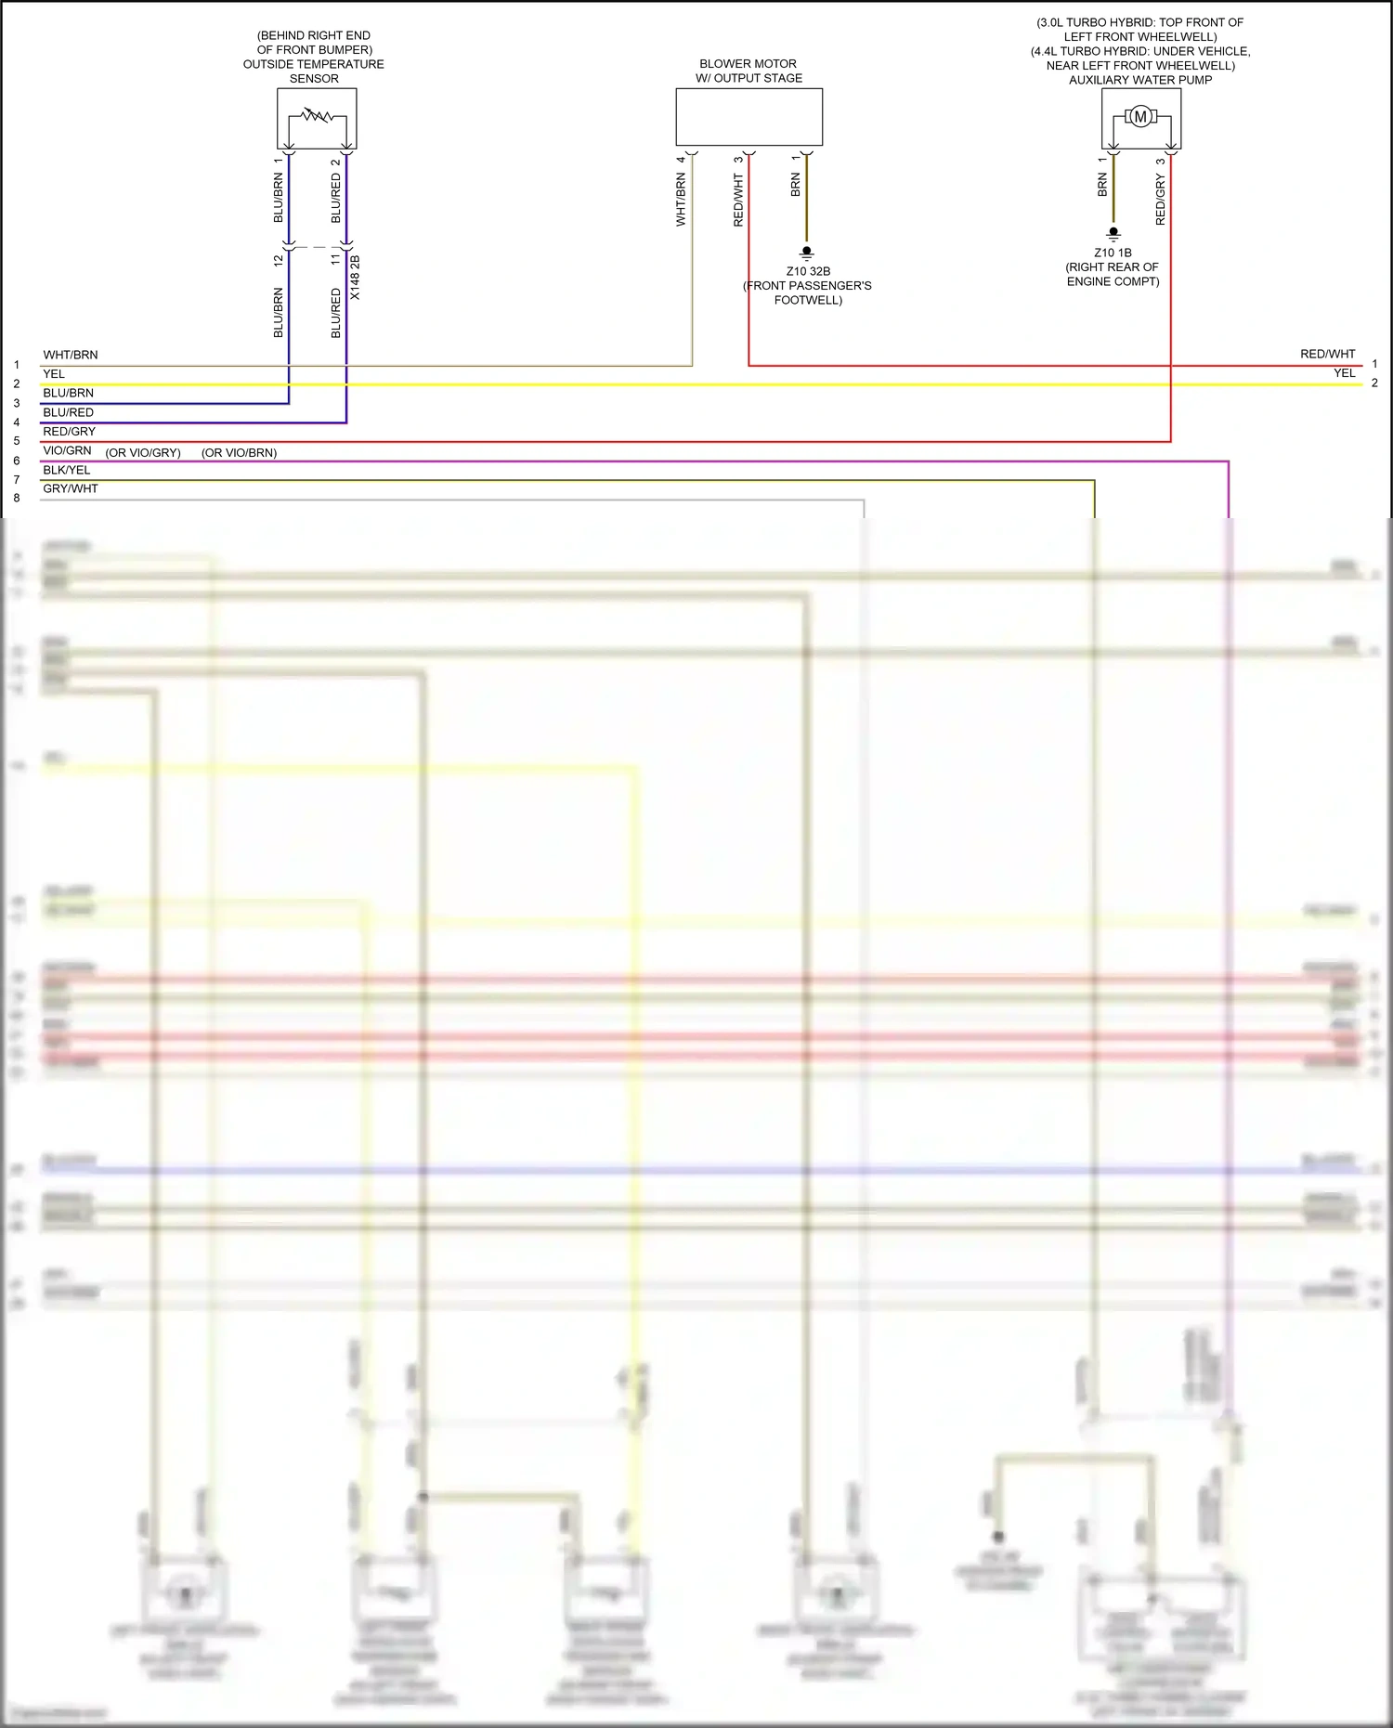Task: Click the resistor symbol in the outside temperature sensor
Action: click(317, 116)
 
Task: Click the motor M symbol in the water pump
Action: click(1140, 116)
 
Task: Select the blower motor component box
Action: click(749, 117)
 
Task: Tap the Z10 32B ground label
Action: click(808, 271)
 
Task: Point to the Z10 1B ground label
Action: click(1113, 253)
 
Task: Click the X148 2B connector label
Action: click(355, 277)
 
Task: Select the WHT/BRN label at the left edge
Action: click(71, 355)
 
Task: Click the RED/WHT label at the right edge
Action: click(1327, 354)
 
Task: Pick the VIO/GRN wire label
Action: click(67, 450)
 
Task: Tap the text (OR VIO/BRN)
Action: click(239, 453)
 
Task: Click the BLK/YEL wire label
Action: click(67, 470)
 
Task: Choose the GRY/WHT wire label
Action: click(71, 488)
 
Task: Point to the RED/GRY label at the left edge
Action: click(69, 431)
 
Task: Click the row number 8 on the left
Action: click(17, 498)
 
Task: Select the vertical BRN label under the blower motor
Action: click(795, 184)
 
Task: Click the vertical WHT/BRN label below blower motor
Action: click(681, 200)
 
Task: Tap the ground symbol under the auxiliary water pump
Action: click(1113, 234)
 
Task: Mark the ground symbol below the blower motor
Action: click(806, 253)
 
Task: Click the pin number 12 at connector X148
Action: click(279, 261)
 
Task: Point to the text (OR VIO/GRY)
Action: click(143, 453)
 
